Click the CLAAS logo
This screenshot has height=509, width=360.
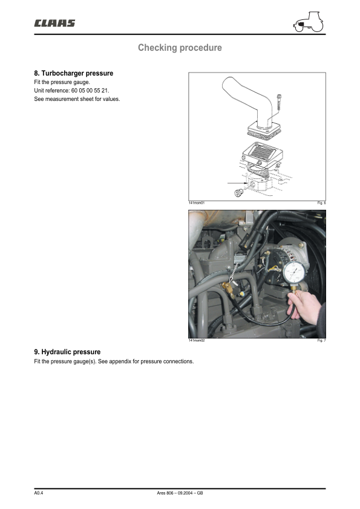54,24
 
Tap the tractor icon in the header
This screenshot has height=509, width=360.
309,22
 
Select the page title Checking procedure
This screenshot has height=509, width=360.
180,48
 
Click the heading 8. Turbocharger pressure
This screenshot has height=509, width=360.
74,73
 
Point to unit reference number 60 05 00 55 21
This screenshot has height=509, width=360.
90,91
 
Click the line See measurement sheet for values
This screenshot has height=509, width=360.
77,99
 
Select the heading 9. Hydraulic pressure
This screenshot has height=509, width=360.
67,352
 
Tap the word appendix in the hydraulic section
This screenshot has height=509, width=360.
120,361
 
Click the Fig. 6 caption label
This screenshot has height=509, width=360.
321,203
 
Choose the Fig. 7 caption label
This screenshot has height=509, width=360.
321,340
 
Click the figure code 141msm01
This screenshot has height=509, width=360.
197,203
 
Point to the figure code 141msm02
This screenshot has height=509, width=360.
197,340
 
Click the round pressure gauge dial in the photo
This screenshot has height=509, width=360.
293,273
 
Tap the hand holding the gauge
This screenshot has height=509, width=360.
304,306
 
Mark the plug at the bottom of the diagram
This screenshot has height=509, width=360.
239,193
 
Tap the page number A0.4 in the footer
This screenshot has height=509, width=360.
38,493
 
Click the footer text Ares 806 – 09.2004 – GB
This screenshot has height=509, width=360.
180,493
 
